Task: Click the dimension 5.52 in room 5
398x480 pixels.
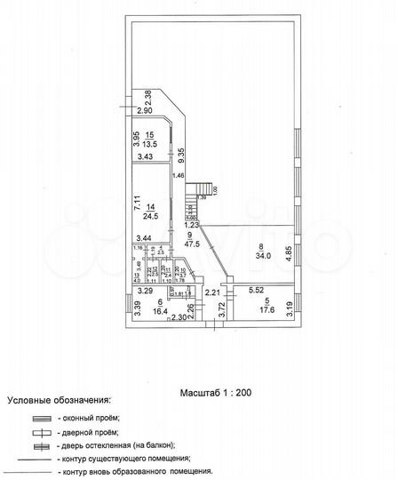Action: point(259,291)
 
